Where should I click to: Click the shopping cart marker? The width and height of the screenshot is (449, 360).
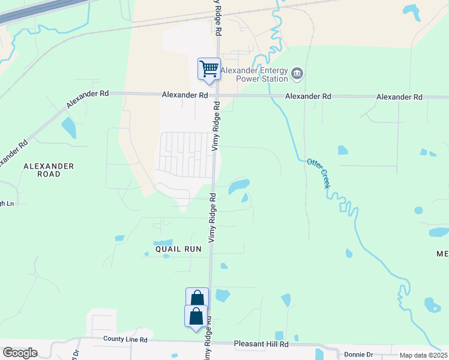(209, 69)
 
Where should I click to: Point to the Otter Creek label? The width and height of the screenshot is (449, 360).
(319, 173)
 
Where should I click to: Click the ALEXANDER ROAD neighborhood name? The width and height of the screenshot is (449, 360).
(49, 170)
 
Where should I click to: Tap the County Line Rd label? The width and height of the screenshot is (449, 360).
(125, 340)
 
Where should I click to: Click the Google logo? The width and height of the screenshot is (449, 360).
(20, 353)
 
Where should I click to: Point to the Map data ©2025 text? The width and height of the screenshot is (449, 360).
(423, 355)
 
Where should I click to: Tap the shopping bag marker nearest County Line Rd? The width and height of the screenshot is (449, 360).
(196, 316)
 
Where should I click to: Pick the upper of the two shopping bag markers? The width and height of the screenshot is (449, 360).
(197, 298)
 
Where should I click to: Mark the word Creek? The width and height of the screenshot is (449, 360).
(324, 179)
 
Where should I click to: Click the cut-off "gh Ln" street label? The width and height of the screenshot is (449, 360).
(7, 203)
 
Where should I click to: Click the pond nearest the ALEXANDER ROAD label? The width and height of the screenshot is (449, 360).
(69, 127)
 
